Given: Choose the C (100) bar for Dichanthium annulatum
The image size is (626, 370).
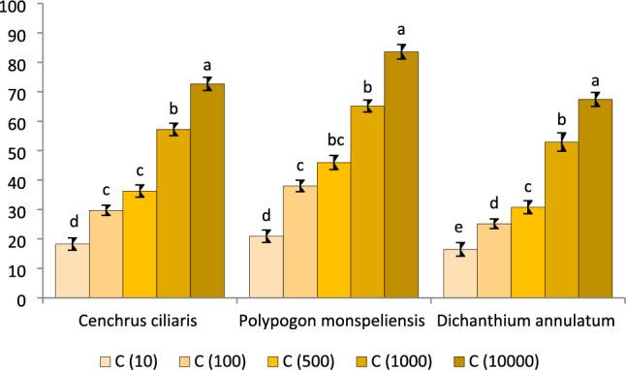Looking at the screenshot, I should pos(493,261).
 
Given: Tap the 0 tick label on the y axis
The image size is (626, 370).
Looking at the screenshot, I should pos(24,299).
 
